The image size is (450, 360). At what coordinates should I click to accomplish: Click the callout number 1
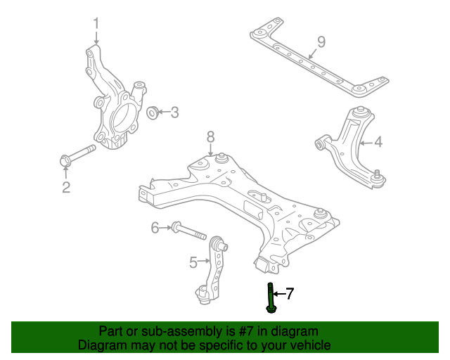point(96,23)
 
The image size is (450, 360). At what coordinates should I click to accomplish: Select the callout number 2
point(66,187)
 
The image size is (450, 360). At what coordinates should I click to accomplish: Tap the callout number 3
point(174,112)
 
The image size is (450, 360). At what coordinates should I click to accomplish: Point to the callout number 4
point(378,142)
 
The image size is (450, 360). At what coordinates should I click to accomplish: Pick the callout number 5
point(193,262)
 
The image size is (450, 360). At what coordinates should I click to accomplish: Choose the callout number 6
point(155,228)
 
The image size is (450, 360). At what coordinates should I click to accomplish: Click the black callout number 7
point(290,293)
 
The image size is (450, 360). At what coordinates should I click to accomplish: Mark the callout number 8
point(210,137)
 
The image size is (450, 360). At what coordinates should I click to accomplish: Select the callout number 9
point(321,42)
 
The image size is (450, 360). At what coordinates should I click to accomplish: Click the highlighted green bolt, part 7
point(271,298)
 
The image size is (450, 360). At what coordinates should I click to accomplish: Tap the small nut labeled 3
point(152,112)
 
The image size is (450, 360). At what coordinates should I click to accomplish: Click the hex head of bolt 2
point(65,160)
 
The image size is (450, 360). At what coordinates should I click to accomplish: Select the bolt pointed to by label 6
point(189,231)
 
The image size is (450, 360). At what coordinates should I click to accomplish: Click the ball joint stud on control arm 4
point(378,174)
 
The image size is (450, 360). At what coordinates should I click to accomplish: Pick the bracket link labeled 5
point(213,271)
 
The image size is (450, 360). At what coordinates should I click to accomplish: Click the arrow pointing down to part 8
point(211,150)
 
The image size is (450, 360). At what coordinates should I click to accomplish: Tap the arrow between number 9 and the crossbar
point(312,53)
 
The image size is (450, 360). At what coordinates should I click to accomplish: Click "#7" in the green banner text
point(246,331)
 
